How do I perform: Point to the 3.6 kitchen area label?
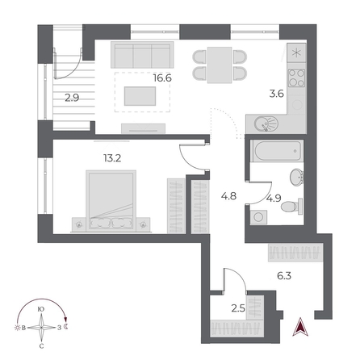(x=275, y=93)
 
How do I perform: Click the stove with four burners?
(x=296, y=80)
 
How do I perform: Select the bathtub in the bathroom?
(x=275, y=151)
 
